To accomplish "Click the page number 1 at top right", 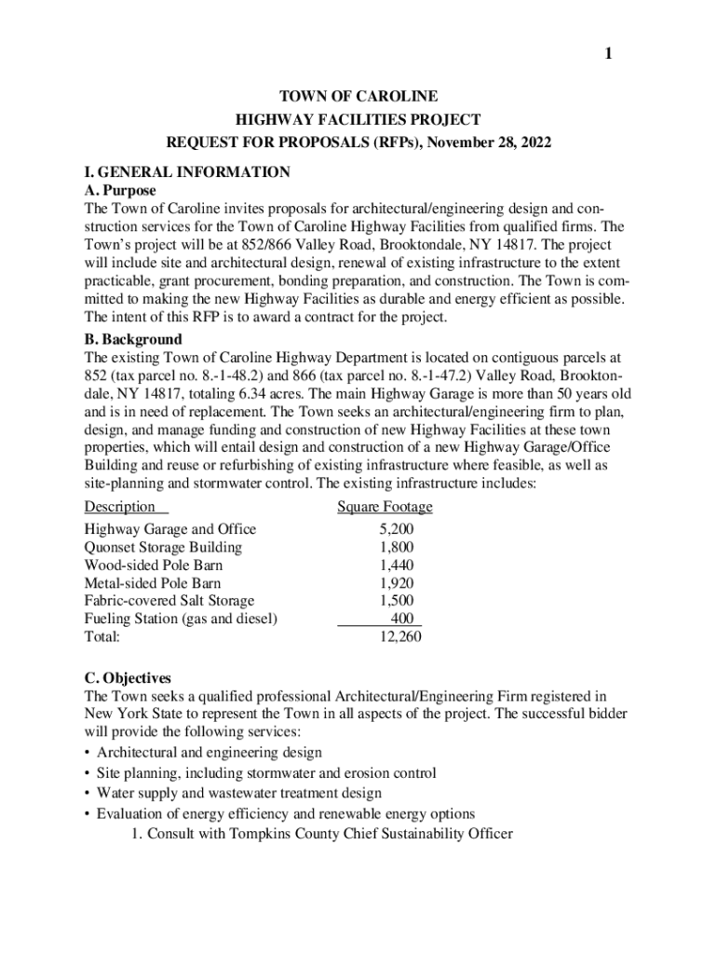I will [608, 54].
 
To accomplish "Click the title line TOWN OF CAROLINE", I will [358, 96].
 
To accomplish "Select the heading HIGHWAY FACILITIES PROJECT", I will [358, 119].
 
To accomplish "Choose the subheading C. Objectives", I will [128, 677].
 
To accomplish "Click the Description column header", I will [120, 507].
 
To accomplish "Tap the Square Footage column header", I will [385, 507].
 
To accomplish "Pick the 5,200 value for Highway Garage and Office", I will [397, 529].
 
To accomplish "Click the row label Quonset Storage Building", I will [163, 547].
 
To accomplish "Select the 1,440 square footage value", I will [397, 565].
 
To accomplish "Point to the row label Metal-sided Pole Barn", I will [153, 582].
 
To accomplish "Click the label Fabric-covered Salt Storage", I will [169, 601].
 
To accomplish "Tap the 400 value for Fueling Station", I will [402, 619].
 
